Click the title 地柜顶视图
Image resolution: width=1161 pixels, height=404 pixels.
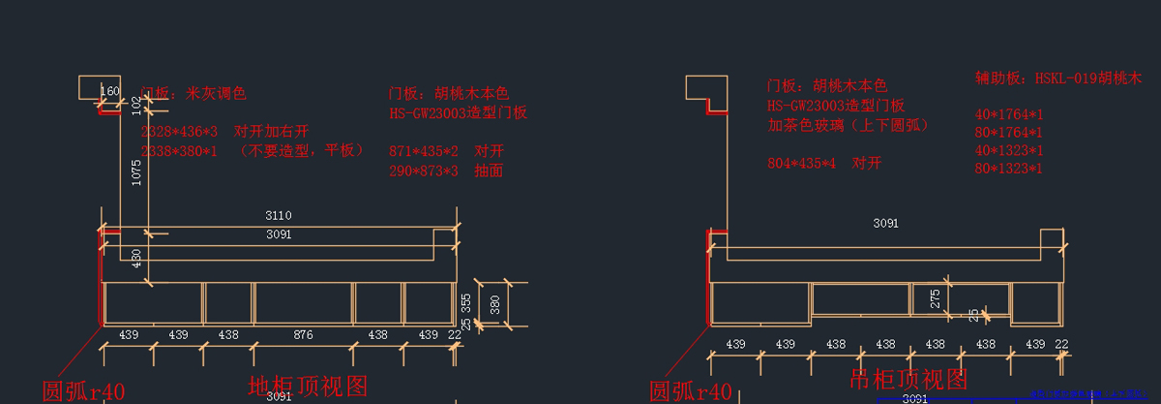(308, 387)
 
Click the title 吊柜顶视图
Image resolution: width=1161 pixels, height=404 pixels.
(908, 379)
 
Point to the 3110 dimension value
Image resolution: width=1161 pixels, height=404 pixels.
(279, 215)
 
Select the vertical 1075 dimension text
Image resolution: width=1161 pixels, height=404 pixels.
(136, 172)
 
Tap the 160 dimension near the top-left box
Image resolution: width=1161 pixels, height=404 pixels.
(110, 92)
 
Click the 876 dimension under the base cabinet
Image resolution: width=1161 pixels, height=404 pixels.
(303, 334)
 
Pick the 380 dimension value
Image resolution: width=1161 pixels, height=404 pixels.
(493, 306)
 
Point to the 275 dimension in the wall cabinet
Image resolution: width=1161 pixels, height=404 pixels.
(935, 299)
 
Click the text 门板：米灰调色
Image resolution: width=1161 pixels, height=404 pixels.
(193, 94)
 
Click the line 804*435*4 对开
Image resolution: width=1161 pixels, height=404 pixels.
(824, 164)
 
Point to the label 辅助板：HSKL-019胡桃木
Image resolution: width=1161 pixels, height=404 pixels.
(1058, 78)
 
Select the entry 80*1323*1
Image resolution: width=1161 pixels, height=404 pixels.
(1008, 170)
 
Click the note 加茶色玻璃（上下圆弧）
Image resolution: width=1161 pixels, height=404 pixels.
(848, 125)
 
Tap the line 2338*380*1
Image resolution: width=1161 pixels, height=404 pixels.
(180, 150)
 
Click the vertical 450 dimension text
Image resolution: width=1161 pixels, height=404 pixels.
(136, 258)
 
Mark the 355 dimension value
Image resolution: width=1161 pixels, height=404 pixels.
(465, 301)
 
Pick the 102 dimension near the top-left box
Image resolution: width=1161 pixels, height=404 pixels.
(136, 105)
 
